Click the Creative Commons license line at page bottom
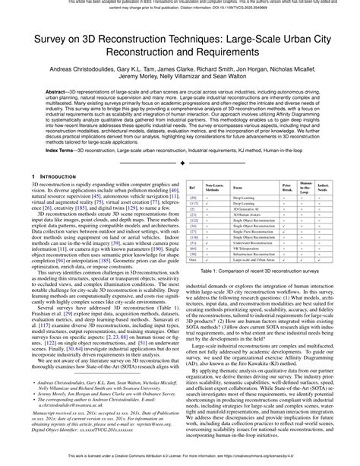coord(180,459)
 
